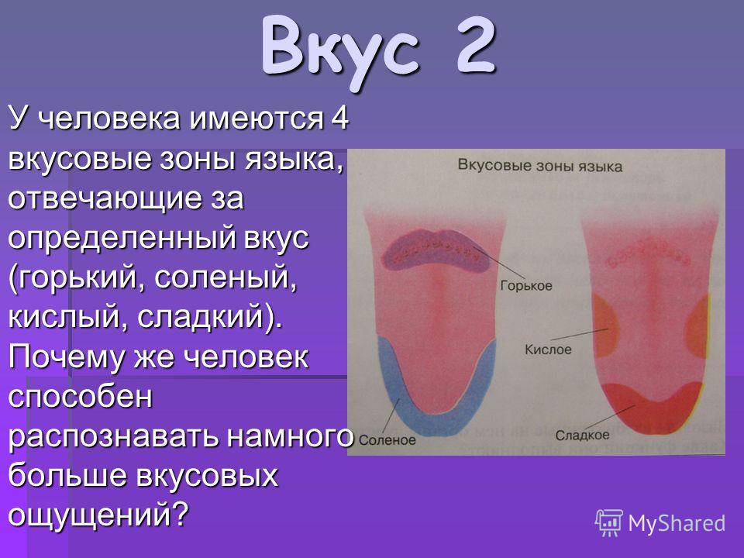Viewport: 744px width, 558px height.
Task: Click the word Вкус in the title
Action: [339, 51]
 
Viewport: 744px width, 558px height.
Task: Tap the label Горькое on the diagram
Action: [526, 286]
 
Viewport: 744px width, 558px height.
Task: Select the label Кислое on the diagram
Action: [548, 350]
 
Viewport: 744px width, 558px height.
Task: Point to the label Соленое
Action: [387, 440]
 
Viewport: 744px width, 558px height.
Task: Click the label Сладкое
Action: [582, 435]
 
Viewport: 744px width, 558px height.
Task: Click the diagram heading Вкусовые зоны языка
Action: [540, 167]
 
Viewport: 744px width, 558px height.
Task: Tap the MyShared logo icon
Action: [609, 523]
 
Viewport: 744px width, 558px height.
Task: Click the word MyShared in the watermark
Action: [677, 523]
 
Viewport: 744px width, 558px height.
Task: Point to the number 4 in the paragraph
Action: [339, 118]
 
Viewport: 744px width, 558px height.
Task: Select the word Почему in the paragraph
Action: [66, 358]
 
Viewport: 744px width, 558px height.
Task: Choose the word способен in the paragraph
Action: [80, 396]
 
